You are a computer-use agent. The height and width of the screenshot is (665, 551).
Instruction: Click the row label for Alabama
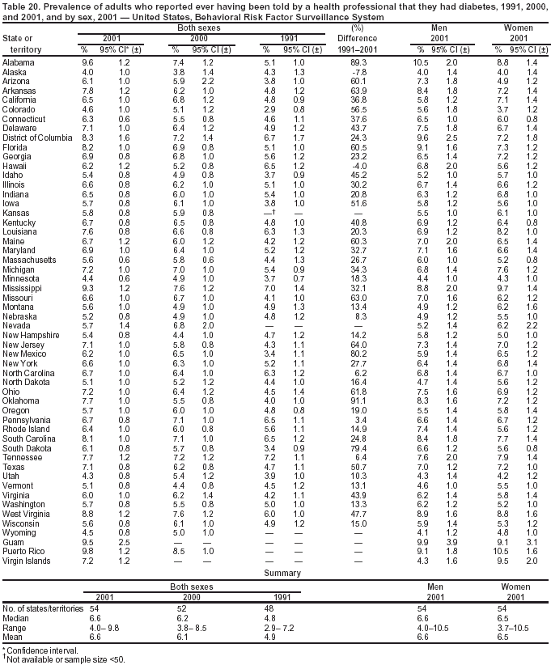pos(18,62)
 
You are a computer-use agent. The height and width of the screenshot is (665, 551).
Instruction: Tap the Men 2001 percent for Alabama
pos(420,62)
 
